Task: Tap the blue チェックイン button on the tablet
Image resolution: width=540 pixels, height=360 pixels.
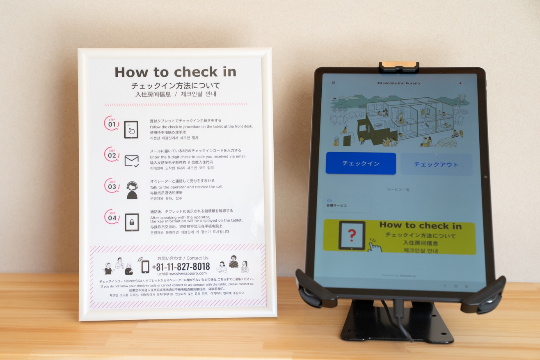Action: [x=361, y=163]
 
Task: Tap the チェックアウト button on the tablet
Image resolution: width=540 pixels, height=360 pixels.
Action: [x=436, y=165]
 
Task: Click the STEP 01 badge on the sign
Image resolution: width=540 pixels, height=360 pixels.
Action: [x=112, y=123]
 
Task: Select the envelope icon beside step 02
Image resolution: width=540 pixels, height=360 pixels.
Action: [x=131, y=161]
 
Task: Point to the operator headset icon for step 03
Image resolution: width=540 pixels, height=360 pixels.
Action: [x=132, y=190]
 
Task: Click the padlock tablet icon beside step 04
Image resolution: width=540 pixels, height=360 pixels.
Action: [x=132, y=222]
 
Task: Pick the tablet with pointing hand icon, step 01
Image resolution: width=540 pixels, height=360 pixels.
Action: [x=131, y=130]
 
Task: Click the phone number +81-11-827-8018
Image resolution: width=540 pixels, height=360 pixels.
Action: [x=181, y=266]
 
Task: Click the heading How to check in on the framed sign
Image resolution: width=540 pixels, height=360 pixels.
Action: [x=175, y=72]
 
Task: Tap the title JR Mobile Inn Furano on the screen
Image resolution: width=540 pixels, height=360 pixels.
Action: [x=398, y=83]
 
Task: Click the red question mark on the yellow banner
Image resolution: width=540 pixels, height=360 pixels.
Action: [x=352, y=235]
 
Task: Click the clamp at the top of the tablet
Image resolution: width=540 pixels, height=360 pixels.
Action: [x=398, y=67]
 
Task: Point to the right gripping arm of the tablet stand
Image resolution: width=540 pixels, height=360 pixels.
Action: [x=484, y=293]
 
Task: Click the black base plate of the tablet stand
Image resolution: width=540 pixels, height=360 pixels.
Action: [x=396, y=328]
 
